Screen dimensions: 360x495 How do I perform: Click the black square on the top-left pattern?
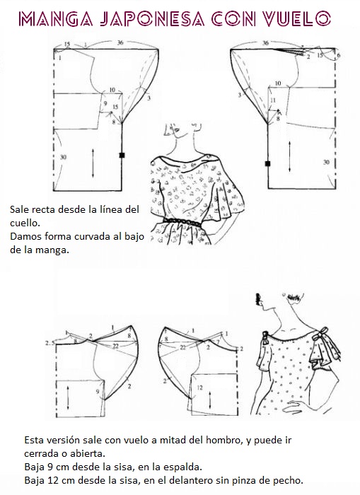pyautogui.click(x=122, y=155)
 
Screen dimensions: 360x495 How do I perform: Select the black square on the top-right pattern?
pyautogui.click(x=268, y=163)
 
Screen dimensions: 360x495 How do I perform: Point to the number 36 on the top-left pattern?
pyautogui.click(x=120, y=42)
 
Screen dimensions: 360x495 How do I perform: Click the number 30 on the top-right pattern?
pyautogui.click(x=326, y=162)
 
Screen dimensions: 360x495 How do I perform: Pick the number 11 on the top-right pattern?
pyautogui.click(x=273, y=100)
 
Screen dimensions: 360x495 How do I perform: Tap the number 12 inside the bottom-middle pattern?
pyautogui.click(x=199, y=388)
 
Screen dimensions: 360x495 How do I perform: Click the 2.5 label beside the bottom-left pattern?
pyautogui.click(x=50, y=342)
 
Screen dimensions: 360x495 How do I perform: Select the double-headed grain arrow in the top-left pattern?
pyautogui.click(x=93, y=163)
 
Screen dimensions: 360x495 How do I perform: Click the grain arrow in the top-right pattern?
pyautogui.click(x=289, y=157)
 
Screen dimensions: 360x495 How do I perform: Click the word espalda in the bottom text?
pyautogui.click(x=183, y=467)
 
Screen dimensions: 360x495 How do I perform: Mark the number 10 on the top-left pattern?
pyautogui.click(x=112, y=90)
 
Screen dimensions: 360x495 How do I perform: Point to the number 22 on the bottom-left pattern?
pyautogui.click(x=115, y=346)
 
